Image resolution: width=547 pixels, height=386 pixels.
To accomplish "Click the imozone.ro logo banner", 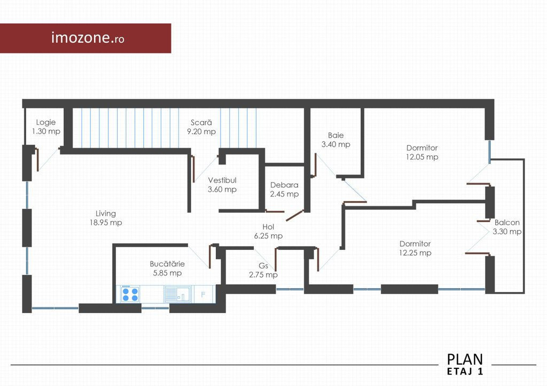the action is pyautogui.click(x=85, y=38).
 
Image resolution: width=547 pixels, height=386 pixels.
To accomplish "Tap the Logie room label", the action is pyautogui.click(x=46, y=122).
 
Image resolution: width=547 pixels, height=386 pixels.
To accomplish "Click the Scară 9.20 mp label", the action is pyautogui.click(x=201, y=127).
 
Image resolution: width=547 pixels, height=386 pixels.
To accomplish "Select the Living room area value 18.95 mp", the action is pyautogui.click(x=106, y=223).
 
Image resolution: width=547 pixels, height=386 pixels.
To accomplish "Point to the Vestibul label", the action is pyautogui.click(x=222, y=180).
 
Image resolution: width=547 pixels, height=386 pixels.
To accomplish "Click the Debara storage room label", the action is pyautogui.click(x=284, y=185).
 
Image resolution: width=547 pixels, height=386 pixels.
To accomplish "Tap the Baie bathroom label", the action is pyautogui.click(x=335, y=135).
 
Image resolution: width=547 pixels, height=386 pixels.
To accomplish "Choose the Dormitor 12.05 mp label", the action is pyautogui.click(x=422, y=152).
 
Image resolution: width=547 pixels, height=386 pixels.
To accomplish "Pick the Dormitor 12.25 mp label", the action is pyautogui.click(x=415, y=248).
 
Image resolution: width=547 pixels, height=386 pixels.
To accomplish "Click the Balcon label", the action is pyautogui.click(x=507, y=223).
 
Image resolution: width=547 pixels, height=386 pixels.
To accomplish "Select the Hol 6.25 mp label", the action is pyautogui.click(x=268, y=231).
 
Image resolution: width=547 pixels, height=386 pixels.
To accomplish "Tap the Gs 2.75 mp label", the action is pyautogui.click(x=263, y=270).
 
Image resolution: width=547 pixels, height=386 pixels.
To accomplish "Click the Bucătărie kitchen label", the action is pyautogui.click(x=167, y=264).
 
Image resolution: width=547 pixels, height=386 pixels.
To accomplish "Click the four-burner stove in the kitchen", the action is pyautogui.click(x=130, y=294).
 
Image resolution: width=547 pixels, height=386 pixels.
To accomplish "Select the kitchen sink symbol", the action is pyautogui.click(x=178, y=294).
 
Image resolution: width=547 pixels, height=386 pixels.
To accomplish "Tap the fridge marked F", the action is pyautogui.click(x=204, y=295).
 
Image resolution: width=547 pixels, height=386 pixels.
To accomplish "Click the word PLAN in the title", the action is pyautogui.click(x=465, y=359).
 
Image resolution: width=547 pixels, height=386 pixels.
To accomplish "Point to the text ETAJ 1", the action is pyautogui.click(x=465, y=372).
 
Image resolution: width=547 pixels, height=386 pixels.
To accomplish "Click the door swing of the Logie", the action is pyautogui.click(x=48, y=160).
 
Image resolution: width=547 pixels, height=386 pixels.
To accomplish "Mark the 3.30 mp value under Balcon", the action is pyautogui.click(x=507, y=232).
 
